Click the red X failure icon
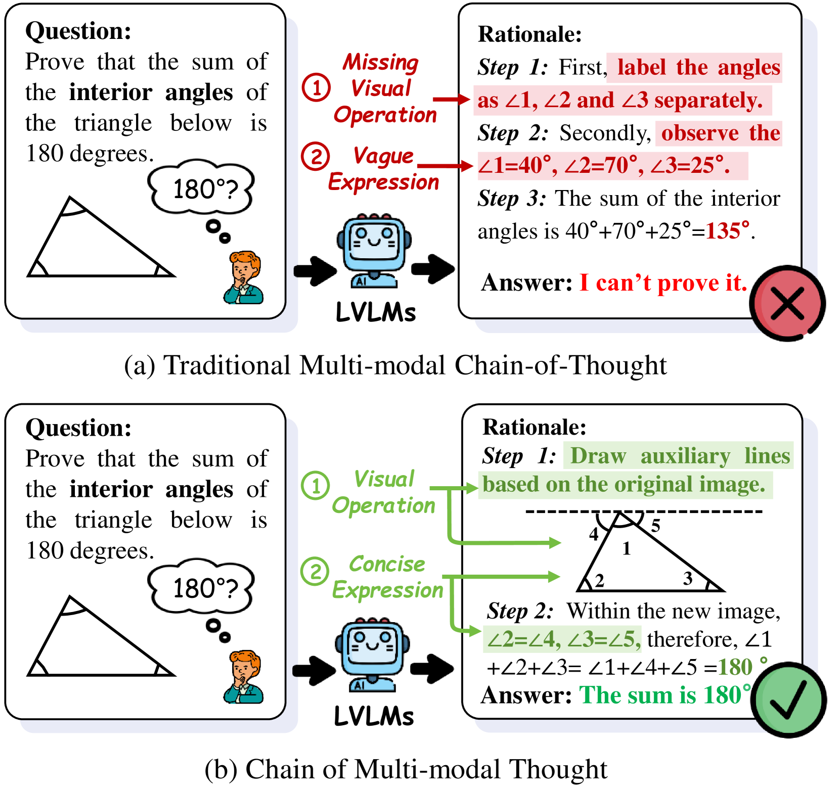787,304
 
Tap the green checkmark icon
788,699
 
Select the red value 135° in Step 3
728,231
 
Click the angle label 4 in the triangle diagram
594,534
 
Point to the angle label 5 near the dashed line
655,526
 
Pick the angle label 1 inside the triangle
627,548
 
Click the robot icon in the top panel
374,251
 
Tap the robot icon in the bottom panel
372,654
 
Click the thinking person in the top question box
243,277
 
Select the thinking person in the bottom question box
243,677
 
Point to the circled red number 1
316,87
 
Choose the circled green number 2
315,571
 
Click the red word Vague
383,156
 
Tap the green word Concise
387,564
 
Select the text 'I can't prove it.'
663,283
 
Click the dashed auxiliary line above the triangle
644,512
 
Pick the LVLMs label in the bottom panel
374,716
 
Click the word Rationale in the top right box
530,34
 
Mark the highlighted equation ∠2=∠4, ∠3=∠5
562,639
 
